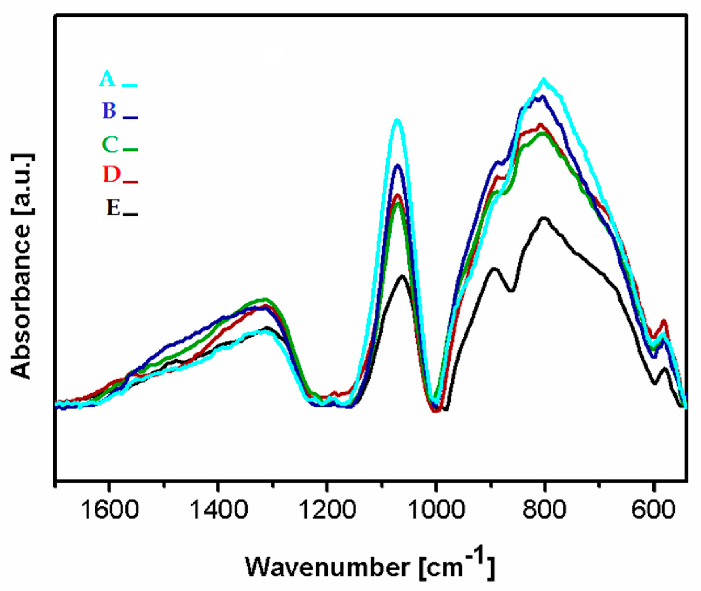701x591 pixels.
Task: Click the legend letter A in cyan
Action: click(108, 79)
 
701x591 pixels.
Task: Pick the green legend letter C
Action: click(110, 144)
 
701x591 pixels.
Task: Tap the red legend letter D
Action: click(111, 175)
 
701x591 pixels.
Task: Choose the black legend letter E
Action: click(113, 208)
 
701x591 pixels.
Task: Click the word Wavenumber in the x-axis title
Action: click(327, 567)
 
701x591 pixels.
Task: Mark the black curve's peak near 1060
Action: click(402, 276)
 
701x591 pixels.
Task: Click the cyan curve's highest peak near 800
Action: click(544, 80)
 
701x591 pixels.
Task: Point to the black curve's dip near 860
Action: click(512, 290)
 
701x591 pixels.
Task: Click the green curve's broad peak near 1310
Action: click(265, 299)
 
